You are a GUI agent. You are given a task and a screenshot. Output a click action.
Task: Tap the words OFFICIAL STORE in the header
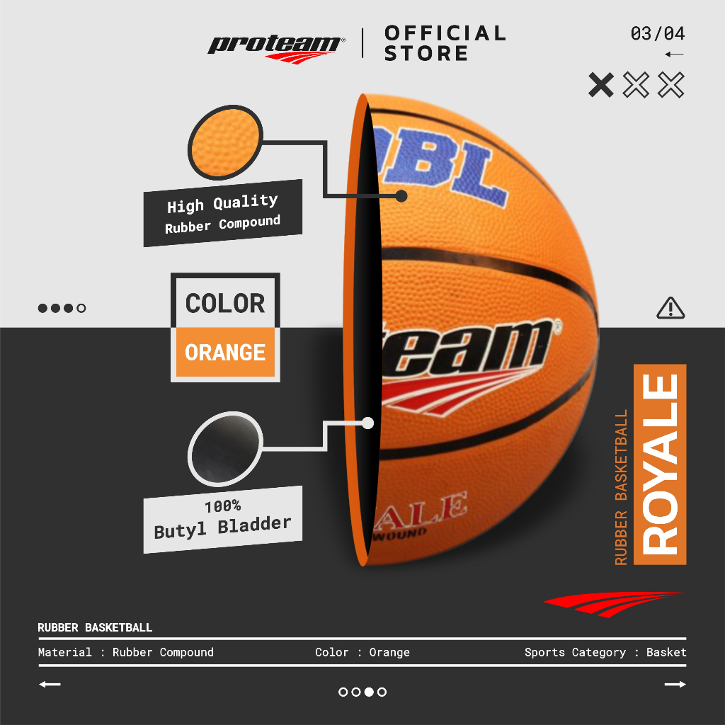pyautogui.click(x=445, y=43)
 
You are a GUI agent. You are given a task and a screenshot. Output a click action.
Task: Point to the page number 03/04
pyautogui.click(x=658, y=33)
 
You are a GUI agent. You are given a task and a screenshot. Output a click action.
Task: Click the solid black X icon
pyautogui.click(x=601, y=85)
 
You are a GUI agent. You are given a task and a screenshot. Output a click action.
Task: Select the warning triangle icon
pyautogui.click(x=670, y=308)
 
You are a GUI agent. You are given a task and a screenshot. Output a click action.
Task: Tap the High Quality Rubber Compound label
pyautogui.click(x=223, y=213)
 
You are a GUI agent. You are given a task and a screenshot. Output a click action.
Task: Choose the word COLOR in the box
pyautogui.click(x=225, y=304)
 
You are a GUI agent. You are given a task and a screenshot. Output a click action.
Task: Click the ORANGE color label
pyautogui.click(x=225, y=352)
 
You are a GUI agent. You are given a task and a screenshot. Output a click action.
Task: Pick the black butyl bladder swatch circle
pyautogui.click(x=226, y=450)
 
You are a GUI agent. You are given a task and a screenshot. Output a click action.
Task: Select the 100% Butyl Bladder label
pyautogui.click(x=223, y=519)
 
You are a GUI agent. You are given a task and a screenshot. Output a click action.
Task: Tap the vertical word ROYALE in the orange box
pyautogui.click(x=660, y=464)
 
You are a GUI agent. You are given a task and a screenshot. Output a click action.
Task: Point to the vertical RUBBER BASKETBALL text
pyautogui.click(x=621, y=488)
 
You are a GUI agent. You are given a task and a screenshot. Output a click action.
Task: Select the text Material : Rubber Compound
pyautogui.click(x=126, y=652)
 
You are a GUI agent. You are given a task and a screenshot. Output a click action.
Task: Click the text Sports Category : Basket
pyautogui.click(x=605, y=652)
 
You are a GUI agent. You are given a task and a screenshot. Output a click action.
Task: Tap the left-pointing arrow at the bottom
pyautogui.click(x=50, y=685)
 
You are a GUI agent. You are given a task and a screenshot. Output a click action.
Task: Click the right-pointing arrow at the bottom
pyautogui.click(x=675, y=685)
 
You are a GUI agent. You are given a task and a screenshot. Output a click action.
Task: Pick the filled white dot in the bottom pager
pyautogui.click(x=369, y=692)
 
